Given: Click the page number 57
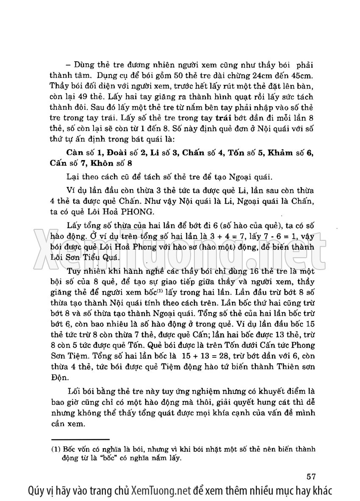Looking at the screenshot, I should pyautogui.click(x=311, y=474).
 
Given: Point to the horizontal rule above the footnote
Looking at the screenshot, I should pyautogui.click(x=80, y=440).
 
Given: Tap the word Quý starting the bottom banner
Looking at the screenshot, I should pyautogui.click(x=37, y=491).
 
